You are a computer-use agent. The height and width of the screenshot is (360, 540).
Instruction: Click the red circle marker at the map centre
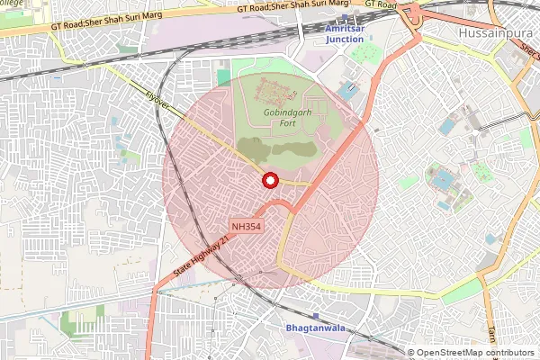click(x=269, y=181)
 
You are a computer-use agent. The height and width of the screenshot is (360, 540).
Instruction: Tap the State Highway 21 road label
click(x=200, y=258)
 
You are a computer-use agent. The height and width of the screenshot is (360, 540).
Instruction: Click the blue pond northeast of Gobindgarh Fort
click(x=347, y=91)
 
